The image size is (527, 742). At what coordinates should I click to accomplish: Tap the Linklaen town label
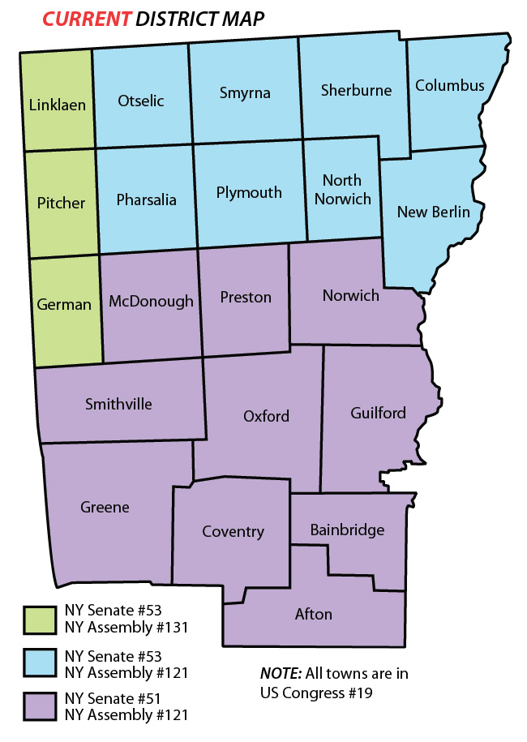click(57, 105)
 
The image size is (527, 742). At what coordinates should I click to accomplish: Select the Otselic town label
click(141, 101)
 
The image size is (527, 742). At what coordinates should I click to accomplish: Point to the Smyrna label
click(244, 92)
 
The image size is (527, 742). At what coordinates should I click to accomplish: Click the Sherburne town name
click(356, 89)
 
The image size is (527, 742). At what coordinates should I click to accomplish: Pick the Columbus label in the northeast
click(449, 85)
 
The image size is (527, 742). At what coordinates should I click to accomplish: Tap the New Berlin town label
click(433, 212)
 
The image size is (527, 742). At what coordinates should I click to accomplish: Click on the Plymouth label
click(249, 192)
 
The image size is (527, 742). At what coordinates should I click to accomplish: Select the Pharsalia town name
click(146, 199)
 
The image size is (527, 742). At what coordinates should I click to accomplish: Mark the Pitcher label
click(62, 203)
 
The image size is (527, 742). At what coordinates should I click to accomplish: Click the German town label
click(64, 304)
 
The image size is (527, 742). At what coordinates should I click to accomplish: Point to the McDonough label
click(151, 301)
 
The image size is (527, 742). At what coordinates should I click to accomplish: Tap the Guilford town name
click(378, 413)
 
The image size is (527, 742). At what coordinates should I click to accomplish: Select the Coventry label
click(234, 531)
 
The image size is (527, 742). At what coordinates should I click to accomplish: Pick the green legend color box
click(38, 619)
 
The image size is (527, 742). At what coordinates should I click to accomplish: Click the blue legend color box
click(38, 663)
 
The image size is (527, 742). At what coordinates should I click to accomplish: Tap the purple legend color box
click(38, 706)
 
